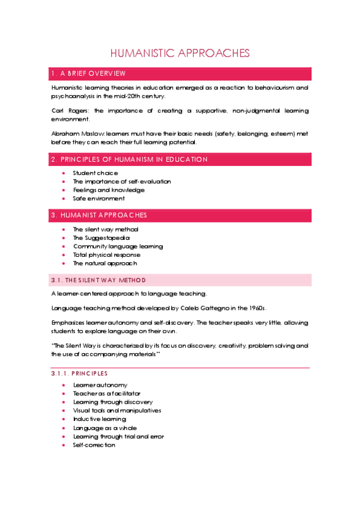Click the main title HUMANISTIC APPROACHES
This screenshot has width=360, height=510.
pyautogui.click(x=180, y=53)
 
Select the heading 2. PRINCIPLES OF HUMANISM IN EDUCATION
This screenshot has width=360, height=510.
pyautogui.click(x=129, y=159)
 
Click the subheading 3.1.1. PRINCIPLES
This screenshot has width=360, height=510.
pyautogui.click(x=79, y=373)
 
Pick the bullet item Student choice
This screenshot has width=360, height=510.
pyautogui.click(x=95, y=173)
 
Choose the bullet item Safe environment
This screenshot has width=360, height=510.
pyautogui.click(x=99, y=198)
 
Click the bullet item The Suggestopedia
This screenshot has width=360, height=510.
pyautogui.click(x=101, y=238)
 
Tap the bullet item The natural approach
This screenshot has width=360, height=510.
pyautogui.click(x=105, y=263)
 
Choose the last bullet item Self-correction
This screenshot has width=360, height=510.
pyautogui.click(x=94, y=445)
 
